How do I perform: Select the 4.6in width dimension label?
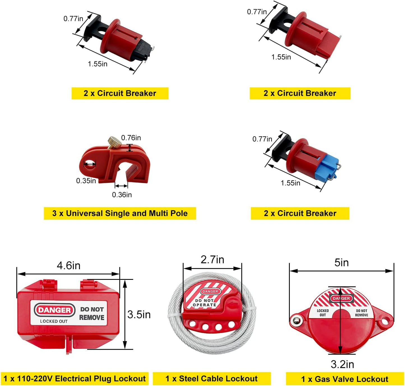pyautogui.click(x=69, y=266)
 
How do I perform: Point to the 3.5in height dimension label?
pyautogui.click(x=139, y=315)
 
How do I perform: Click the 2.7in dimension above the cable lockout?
pyautogui.click(x=212, y=260)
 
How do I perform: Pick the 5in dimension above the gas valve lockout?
pyautogui.click(x=342, y=263)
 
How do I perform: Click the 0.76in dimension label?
pyautogui.click(x=131, y=138)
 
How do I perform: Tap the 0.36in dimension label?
pyautogui.click(x=122, y=195)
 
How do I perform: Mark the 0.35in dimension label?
pyautogui.click(x=86, y=181)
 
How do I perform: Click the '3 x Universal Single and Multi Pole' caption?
pyautogui.click(x=120, y=213)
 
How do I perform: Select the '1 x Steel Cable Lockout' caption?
pyautogui.click(x=212, y=378)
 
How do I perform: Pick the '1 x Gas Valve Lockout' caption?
pyautogui.click(x=345, y=379)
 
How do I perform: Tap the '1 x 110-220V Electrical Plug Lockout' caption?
pyautogui.click(x=75, y=378)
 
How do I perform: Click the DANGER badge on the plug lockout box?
pyautogui.click(x=54, y=310)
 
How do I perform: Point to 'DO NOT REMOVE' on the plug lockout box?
pyautogui.click(x=92, y=313)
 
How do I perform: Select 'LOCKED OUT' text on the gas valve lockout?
pyautogui.click(x=323, y=313)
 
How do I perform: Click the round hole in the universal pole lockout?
pyautogui.click(x=89, y=164)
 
